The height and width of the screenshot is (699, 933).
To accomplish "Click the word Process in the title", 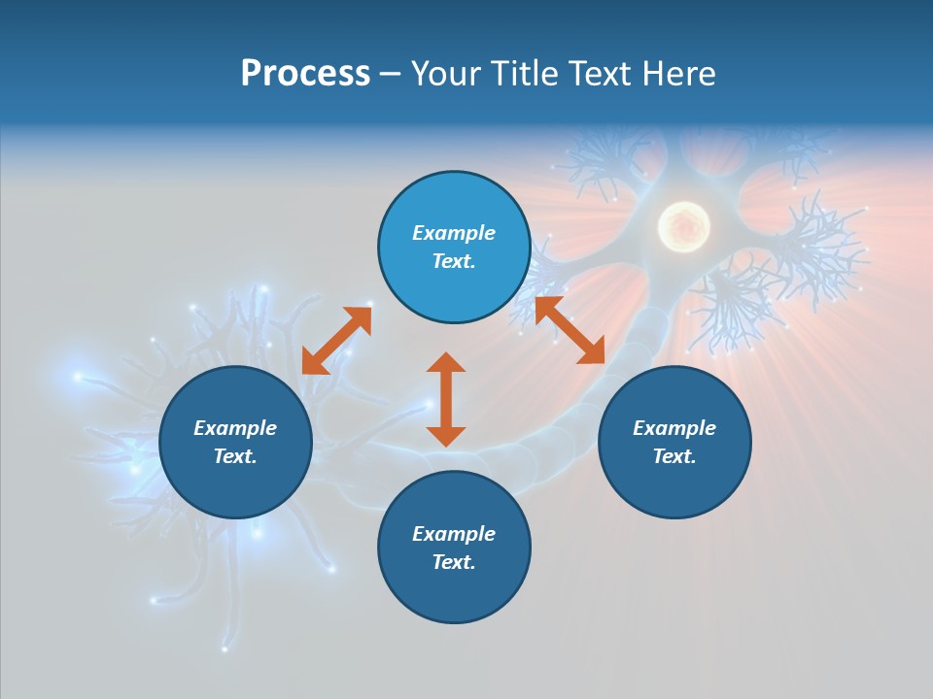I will (305, 74).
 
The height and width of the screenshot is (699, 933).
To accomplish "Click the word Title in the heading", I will (525, 74).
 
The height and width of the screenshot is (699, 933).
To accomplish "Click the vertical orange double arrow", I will (446, 399).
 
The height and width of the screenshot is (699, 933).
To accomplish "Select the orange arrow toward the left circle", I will (336, 341).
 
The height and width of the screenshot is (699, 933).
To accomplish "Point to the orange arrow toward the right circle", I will (570, 331).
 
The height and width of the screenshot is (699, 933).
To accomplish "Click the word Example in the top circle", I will (454, 233).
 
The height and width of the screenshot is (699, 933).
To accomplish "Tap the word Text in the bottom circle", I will (454, 562).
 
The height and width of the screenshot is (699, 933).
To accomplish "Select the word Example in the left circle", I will (235, 428).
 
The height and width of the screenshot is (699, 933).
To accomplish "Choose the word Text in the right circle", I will (674, 456).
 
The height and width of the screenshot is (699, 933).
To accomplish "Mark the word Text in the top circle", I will (453, 261).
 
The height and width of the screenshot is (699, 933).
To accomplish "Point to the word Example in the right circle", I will (674, 428).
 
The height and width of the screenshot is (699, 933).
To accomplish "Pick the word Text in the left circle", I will (235, 456).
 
